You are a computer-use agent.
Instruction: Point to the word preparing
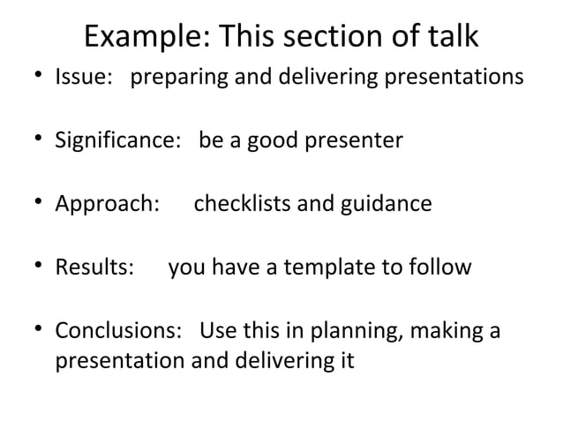point(173,78)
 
